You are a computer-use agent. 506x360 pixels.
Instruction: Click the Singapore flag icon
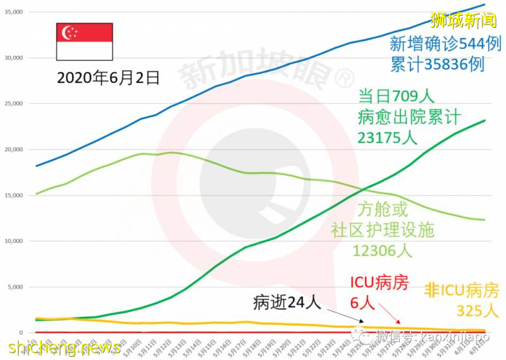coord(84,42)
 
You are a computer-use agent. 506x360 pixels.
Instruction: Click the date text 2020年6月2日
coord(108,78)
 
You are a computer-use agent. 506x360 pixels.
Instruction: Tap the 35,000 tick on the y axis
coord(14,12)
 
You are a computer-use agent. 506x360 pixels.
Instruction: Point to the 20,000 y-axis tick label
coord(14,149)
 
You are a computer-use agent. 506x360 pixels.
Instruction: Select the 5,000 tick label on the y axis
coord(15,287)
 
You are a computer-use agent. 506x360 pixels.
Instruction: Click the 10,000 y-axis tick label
coord(14,241)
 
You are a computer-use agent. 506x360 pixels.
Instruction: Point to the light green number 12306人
coord(383,250)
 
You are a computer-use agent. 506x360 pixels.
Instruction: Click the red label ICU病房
coord(379,283)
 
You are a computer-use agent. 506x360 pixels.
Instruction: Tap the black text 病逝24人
coord(288,302)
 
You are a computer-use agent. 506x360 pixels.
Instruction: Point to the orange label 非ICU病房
coord(461,292)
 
